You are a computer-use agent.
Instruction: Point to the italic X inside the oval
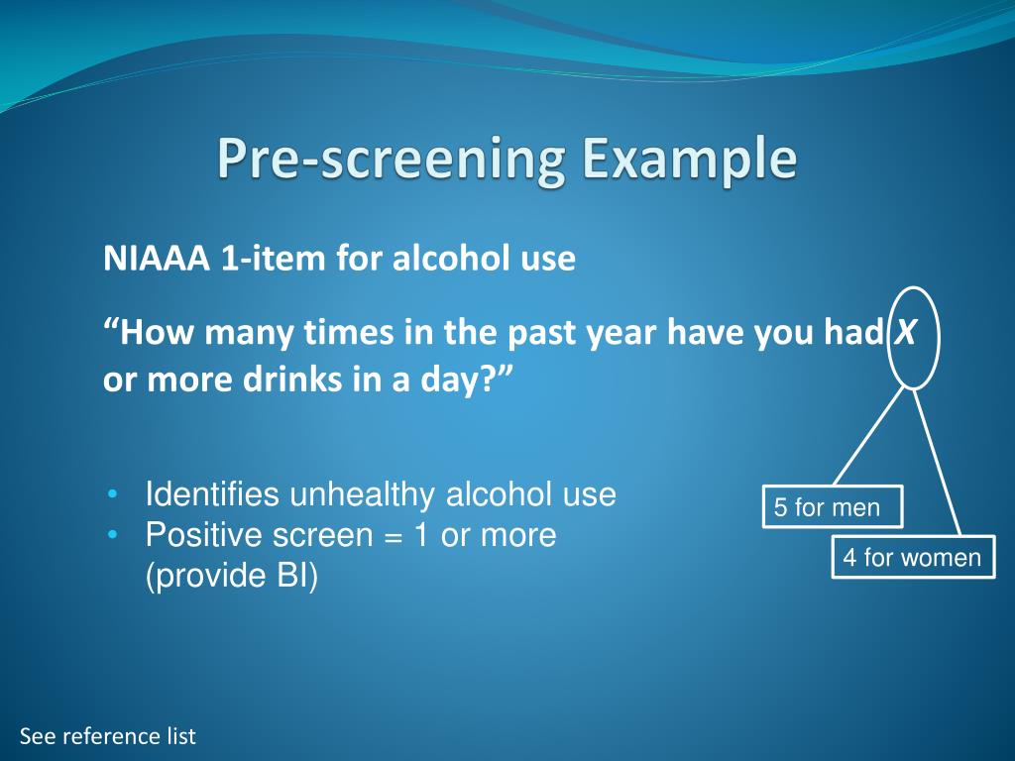coord(905,334)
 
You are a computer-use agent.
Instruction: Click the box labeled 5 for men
coord(832,507)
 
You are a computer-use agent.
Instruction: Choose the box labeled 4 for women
coord(912,558)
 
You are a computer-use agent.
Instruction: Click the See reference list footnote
coord(108,736)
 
